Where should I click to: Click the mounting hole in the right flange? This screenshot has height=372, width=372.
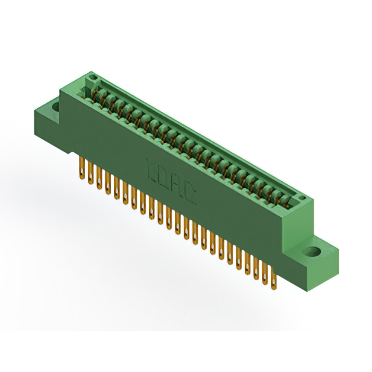(312, 253)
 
